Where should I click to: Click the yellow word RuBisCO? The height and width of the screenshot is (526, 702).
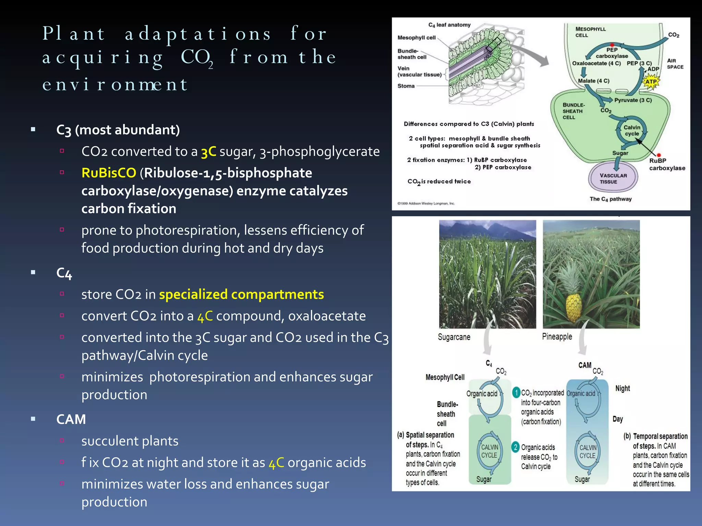109,173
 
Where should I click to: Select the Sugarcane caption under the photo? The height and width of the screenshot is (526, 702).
454,337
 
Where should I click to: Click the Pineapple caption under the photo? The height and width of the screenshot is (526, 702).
557,337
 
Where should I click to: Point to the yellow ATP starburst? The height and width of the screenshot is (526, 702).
651,82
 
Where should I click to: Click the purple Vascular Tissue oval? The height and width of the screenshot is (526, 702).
613,178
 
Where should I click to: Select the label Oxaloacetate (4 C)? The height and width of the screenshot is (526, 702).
596,63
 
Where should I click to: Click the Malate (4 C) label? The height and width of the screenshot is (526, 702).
593,81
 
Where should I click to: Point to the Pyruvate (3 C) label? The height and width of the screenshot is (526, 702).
633,100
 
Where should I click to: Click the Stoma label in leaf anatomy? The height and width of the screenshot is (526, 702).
406,86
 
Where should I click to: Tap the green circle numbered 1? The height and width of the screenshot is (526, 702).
516,392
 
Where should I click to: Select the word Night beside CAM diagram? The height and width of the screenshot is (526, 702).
622,388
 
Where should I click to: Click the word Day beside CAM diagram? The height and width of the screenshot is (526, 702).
618,419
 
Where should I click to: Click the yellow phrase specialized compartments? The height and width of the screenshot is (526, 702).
241,295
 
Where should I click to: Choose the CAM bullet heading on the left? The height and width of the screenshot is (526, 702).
71,419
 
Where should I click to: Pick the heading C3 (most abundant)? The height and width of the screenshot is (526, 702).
118,130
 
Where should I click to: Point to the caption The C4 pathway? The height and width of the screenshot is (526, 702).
610,199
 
